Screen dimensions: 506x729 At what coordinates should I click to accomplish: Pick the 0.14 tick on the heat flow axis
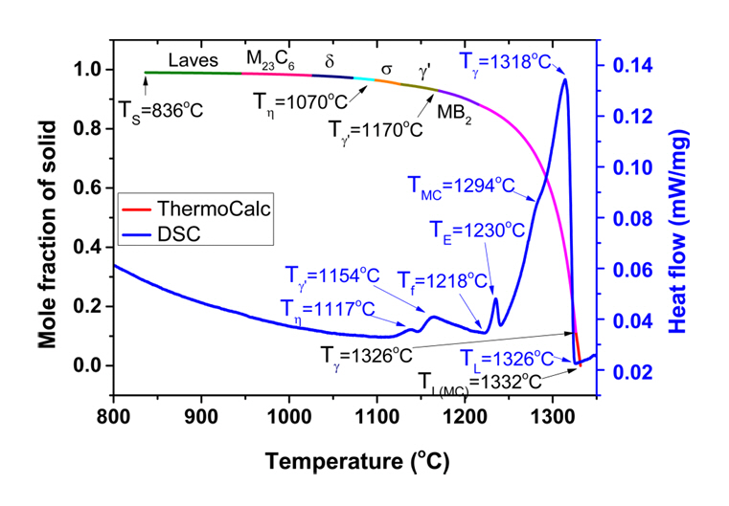coord(628,66)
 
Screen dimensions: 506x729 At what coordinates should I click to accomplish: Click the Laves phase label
coord(194,59)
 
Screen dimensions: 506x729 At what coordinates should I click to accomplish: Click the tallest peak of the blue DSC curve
coord(565,78)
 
